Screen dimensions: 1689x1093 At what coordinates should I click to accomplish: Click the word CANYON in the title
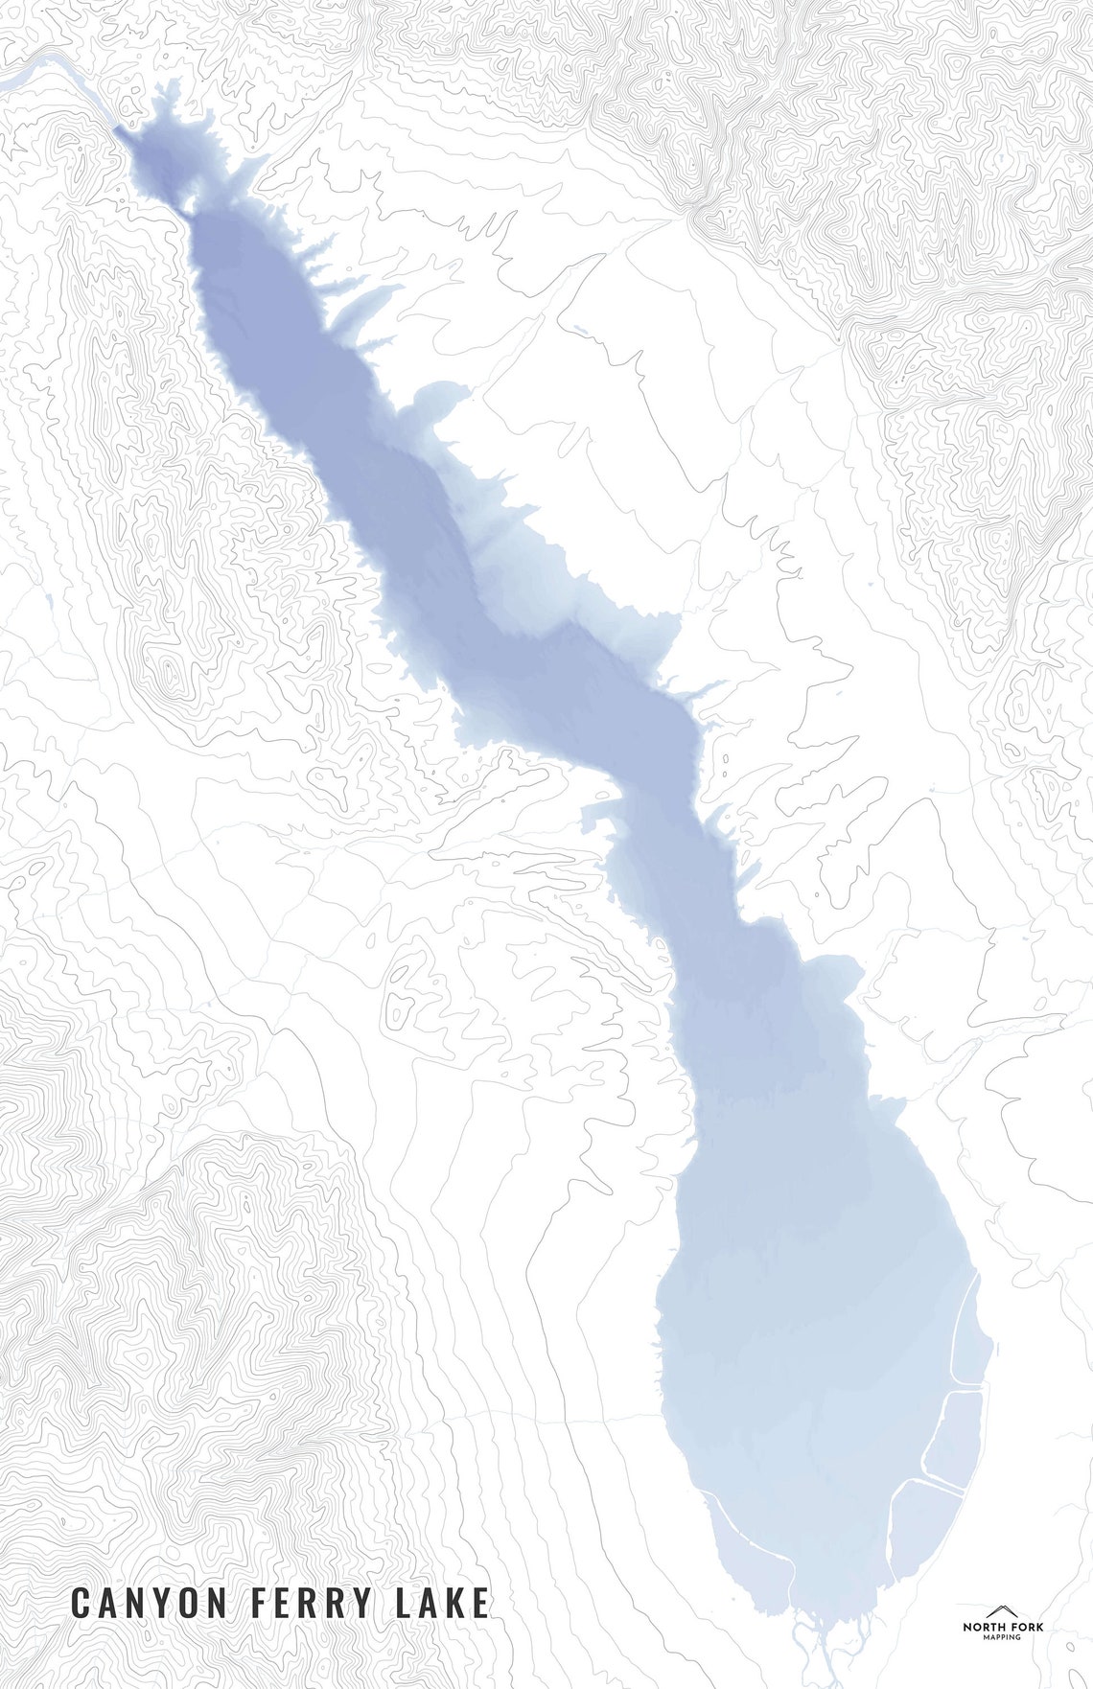click(x=150, y=1603)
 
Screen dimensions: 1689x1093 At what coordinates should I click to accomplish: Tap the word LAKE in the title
click(x=442, y=1603)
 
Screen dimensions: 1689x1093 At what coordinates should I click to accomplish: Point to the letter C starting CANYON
click(x=81, y=1603)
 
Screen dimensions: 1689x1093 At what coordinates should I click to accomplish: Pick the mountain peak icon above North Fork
click(x=1003, y=1612)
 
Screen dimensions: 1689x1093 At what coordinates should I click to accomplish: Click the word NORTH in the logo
click(x=983, y=1627)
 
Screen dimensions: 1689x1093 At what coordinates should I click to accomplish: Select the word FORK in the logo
click(x=1026, y=1627)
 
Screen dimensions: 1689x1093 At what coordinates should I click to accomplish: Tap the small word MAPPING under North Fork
click(x=1003, y=1637)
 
